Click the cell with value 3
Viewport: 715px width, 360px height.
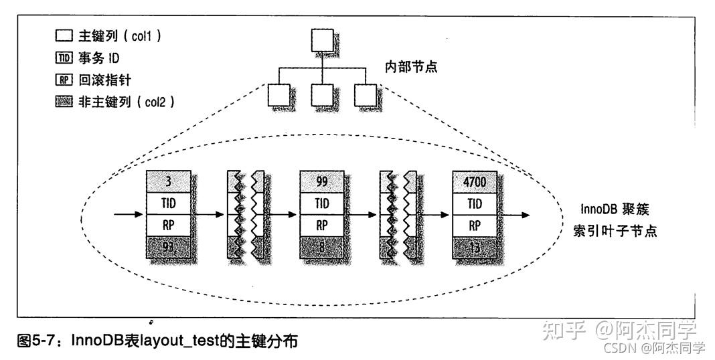[168, 181]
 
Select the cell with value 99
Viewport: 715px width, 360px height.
[322, 181]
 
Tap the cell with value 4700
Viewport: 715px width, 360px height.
[475, 181]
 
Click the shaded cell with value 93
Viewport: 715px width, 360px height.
[168, 248]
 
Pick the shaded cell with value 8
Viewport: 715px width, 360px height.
[322, 248]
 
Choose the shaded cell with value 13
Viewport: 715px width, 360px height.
[475, 248]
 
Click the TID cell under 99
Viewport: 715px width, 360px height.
[322, 203]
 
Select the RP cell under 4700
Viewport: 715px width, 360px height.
[475, 226]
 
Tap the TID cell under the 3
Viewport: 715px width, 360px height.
[168, 203]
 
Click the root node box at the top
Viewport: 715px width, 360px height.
[322, 41]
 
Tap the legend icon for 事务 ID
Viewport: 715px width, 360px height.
[64, 58]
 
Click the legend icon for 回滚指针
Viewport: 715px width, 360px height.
[64, 80]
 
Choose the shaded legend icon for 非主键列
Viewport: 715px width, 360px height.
[64, 102]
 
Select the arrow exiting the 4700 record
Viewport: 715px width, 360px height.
[513, 215]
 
